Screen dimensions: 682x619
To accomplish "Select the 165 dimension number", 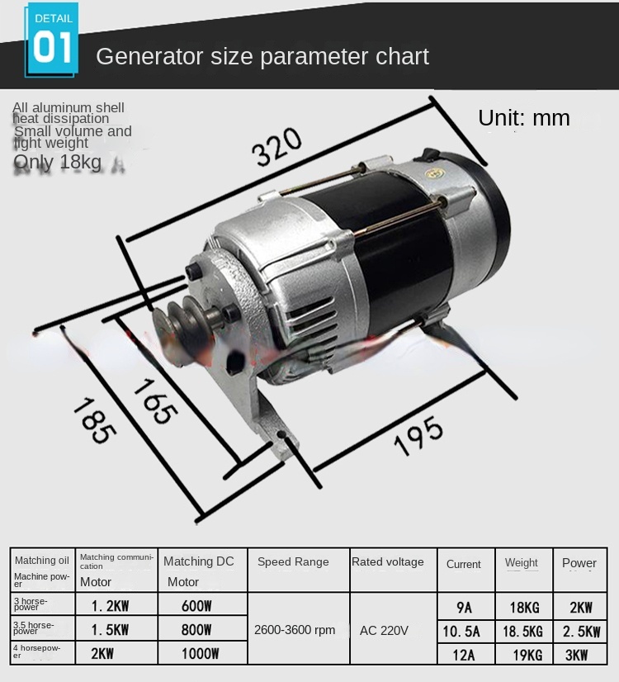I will [x=154, y=401].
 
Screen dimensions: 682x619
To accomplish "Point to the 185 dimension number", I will [x=92, y=420].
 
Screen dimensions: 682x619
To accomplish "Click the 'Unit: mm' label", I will [x=524, y=118].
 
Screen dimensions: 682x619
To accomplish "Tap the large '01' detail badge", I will [x=53, y=47].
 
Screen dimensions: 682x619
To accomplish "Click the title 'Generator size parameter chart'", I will [x=262, y=56].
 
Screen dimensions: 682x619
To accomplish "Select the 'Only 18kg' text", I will [x=57, y=162].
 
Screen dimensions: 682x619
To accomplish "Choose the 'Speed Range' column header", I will [x=293, y=561].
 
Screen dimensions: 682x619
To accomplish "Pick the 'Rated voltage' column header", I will [x=387, y=561].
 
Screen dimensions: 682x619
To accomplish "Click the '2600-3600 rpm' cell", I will [x=295, y=630].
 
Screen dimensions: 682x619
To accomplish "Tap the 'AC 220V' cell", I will [x=384, y=630].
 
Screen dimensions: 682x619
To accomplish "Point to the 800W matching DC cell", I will [x=196, y=631].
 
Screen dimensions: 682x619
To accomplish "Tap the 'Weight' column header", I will [x=522, y=563].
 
